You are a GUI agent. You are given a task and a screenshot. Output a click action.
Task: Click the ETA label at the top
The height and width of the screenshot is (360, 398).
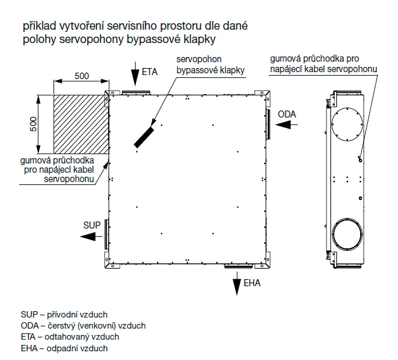[x=150, y=73]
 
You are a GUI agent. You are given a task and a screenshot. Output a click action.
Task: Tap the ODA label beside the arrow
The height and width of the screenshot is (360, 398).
[x=287, y=114]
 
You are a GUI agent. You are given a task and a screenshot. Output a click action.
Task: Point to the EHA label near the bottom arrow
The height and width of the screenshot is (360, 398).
[x=253, y=284]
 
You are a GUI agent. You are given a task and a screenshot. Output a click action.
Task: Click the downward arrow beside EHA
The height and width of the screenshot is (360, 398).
[x=237, y=286]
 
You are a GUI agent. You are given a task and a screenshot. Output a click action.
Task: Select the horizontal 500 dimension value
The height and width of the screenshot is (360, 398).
[x=81, y=76]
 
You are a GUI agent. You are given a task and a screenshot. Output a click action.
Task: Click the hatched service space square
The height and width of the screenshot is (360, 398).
[x=81, y=123]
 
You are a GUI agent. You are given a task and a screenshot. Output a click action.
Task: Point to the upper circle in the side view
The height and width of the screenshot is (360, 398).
[x=348, y=124]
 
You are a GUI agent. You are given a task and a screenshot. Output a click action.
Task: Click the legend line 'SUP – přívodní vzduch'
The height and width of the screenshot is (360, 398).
[x=64, y=314]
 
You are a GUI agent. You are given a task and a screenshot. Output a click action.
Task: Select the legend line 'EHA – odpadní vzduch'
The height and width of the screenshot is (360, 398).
[x=64, y=348]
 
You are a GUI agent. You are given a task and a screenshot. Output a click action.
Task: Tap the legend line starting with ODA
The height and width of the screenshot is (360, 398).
[x=83, y=326]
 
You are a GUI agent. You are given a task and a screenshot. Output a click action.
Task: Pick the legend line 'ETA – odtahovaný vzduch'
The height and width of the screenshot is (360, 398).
[x=70, y=337]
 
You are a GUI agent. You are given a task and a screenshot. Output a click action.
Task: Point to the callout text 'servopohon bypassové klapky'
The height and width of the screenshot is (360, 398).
[x=210, y=65]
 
